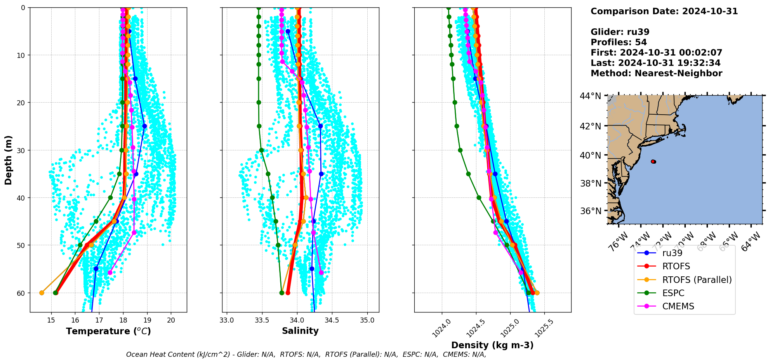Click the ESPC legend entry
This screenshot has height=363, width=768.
click(x=673, y=293)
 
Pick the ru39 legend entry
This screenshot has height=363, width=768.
click(x=672, y=253)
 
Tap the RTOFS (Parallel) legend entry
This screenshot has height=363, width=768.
click(x=697, y=280)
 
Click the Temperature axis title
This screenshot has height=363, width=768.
click(x=108, y=332)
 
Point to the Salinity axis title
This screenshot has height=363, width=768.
click(x=300, y=331)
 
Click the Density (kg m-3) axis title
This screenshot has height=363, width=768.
click(x=492, y=345)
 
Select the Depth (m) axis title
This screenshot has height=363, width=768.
click(x=9, y=160)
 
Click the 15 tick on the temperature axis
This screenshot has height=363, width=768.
click(x=51, y=321)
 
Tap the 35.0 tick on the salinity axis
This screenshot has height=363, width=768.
click(x=367, y=321)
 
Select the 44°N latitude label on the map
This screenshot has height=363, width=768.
click(x=591, y=96)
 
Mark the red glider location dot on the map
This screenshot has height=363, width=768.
click(x=653, y=161)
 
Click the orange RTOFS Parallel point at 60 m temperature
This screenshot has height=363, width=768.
click(x=42, y=293)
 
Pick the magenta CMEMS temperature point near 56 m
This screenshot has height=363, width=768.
click(x=110, y=272)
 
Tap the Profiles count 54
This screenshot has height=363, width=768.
click(x=641, y=42)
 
